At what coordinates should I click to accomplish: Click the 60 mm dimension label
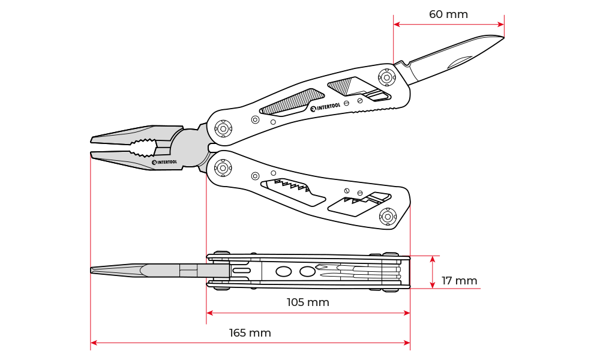[x=448, y=14]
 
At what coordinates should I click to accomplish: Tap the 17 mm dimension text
[x=459, y=280]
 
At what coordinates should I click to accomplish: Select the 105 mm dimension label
[x=308, y=302]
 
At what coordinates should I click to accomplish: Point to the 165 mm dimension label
[x=250, y=333]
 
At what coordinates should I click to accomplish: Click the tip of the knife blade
[x=503, y=38]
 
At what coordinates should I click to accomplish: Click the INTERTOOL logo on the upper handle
[x=325, y=107]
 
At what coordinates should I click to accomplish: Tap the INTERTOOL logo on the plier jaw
[x=164, y=161]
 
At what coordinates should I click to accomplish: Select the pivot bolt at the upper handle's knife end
[x=387, y=77]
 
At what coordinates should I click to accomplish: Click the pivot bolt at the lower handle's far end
[x=388, y=216]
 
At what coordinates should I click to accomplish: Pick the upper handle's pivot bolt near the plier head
[x=223, y=128]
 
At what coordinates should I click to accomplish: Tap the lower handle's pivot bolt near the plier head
[x=223, y=168]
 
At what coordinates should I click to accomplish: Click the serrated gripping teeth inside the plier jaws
[x=144, y=148]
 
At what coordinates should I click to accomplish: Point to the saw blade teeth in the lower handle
[x=292, y=185]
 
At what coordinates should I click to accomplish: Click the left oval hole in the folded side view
[x=284, y=272]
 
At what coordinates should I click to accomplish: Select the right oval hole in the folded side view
[x=307, y=272]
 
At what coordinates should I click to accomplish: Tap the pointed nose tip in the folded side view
[x=92, y=270]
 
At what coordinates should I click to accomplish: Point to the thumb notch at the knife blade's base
[x=407, y=62]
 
